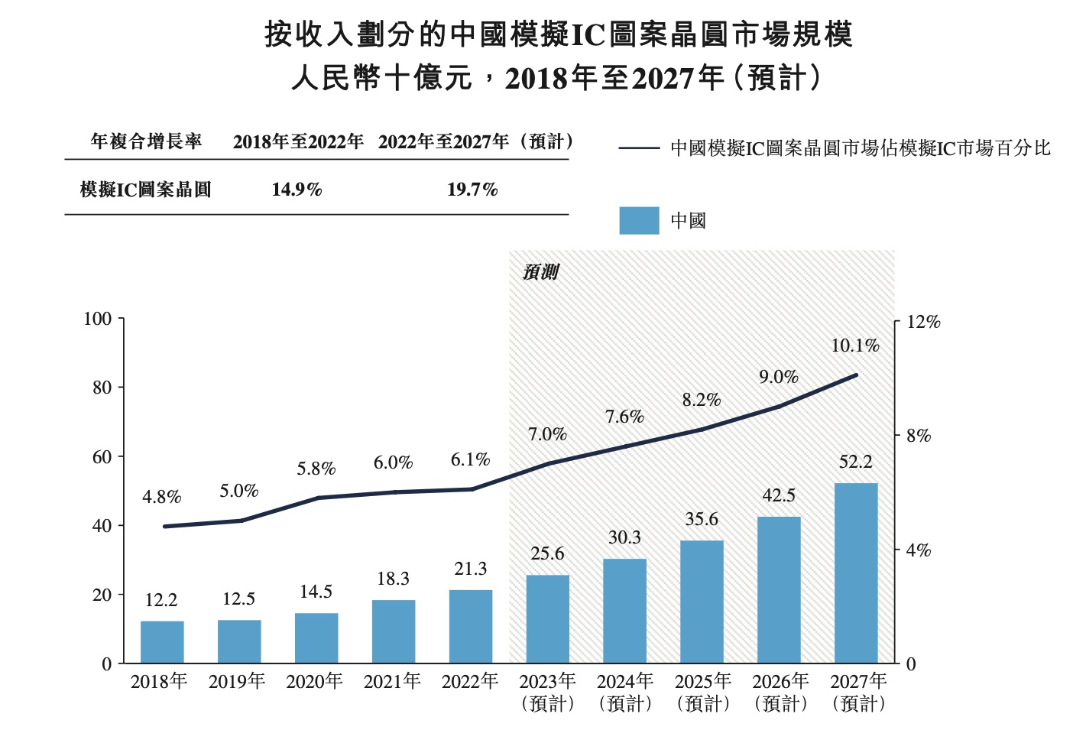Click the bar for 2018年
click(x=162, y=642)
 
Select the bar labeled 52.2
click(x=856, y=573)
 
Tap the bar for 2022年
click(x=471, y=627)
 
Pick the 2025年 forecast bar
click(x=702, y=602)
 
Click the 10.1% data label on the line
click(x=855, y=346)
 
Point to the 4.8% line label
click(x=162, y=498)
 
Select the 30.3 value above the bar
click(x=624, y=538)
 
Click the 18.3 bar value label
click(x=393, y=579)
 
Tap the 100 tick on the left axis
click(x=98, y=319)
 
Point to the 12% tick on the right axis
click(x=923, y=323)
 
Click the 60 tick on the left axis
click(x=102, y=457)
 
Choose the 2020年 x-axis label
click(x=315, y=681)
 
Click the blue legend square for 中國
click(x=639, y=221)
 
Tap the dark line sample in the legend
click(x=639, y=148)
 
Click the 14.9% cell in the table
click(x=297, y=190)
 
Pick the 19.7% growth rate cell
click(x=472, y=190)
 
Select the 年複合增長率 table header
click(x=146, y=141)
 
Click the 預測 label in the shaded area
click(x=541, y=272)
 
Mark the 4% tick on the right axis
click(x=919, y=550)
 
